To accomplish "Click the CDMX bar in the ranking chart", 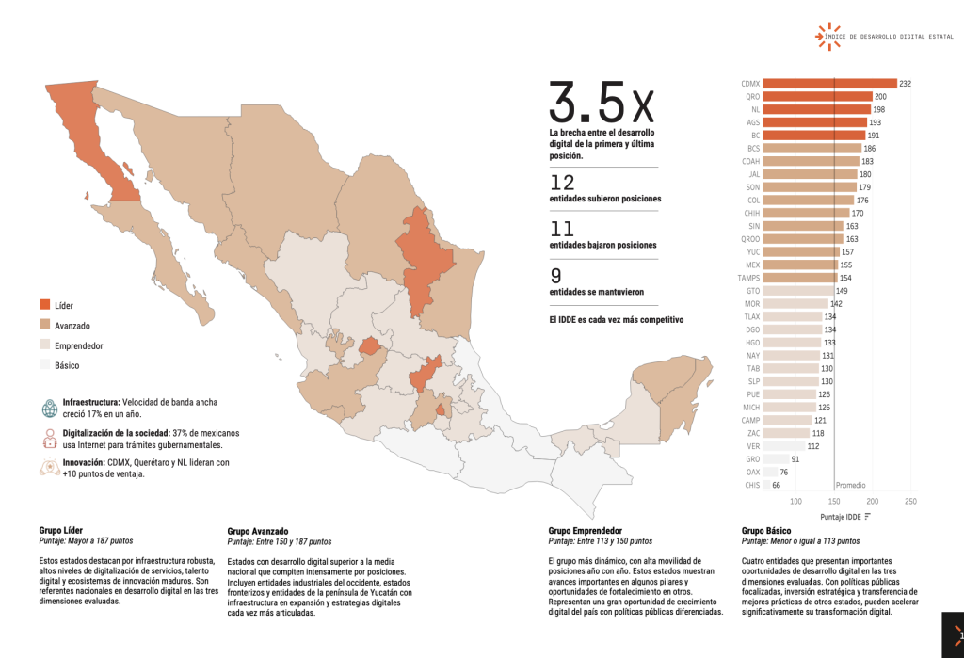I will click(829, 83).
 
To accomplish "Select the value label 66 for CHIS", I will click(777, 485).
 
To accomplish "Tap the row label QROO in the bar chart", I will click(750, 239).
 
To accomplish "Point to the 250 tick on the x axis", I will click(910, 502).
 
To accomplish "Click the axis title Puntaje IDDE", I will click(840, 516).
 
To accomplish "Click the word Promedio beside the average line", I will click(851, 485).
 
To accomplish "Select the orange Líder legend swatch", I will click(45, 305).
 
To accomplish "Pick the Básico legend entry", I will click(66, 365).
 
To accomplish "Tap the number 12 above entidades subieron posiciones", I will click(562, 182).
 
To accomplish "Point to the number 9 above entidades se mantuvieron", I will click(556, 276).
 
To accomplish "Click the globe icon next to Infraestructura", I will click(49, 408).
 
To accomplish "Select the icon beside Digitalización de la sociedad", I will click(49, 438).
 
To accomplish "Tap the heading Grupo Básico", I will click(766, 531).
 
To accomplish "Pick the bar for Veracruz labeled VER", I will click(783, 445).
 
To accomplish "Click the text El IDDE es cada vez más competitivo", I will click(616, 320).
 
